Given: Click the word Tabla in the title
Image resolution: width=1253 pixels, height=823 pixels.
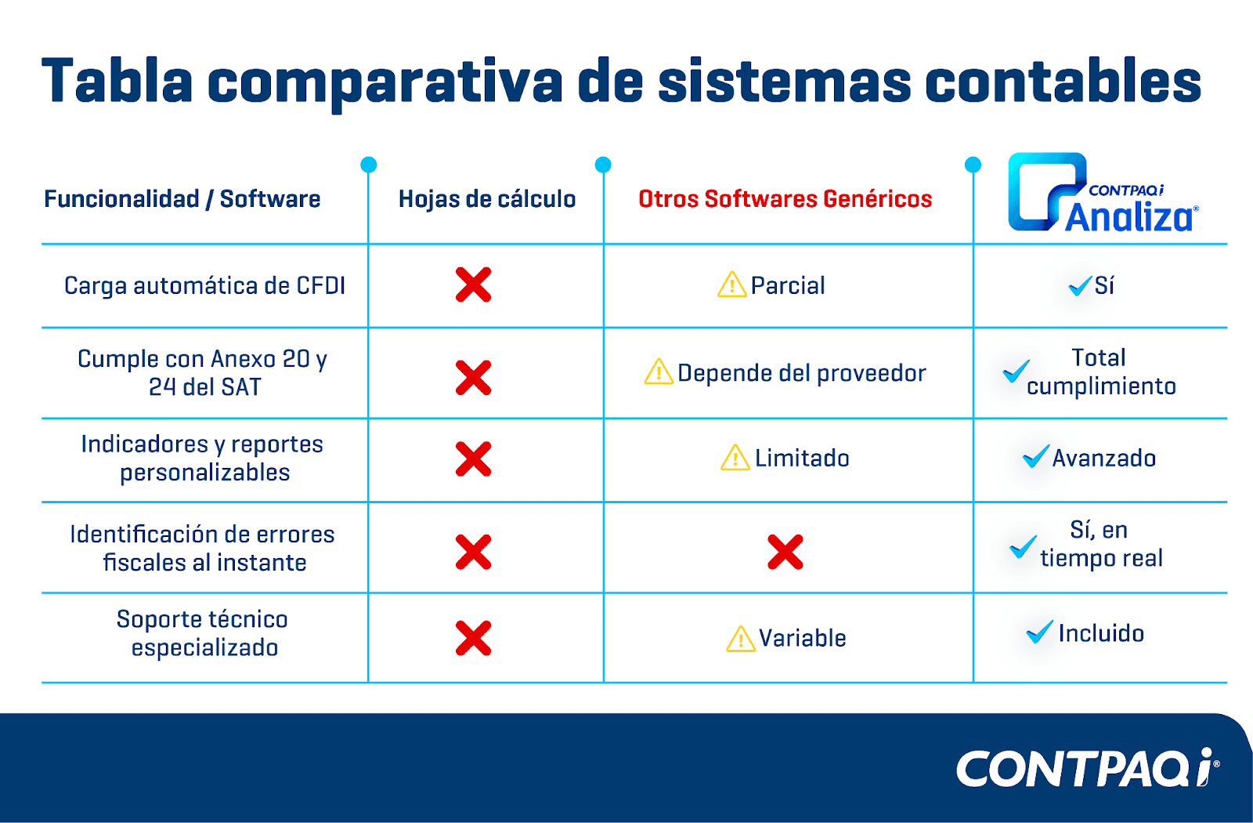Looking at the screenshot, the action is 117,82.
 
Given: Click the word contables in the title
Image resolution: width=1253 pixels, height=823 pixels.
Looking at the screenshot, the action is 1063,82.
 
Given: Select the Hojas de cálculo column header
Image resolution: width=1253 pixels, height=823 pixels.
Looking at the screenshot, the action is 486,199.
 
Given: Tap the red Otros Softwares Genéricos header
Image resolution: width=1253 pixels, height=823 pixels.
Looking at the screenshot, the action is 785,199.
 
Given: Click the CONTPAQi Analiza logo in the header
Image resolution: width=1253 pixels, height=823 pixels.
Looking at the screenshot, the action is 1102,192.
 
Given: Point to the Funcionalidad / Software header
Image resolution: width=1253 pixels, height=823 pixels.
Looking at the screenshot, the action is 182,199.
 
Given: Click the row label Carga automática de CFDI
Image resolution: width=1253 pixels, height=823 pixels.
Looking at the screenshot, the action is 204,286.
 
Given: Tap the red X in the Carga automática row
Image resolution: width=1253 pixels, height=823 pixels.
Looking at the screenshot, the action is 473,285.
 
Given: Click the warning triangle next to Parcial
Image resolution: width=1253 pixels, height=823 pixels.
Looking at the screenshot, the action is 731,285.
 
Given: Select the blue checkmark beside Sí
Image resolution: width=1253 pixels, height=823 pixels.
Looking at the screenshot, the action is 1080,285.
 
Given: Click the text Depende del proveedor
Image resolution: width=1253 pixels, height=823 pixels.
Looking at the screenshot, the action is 802,373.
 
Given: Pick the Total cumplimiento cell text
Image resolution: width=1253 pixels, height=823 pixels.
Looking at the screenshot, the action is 1101,372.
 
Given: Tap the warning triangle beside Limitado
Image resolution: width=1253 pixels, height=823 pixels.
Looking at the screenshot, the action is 735,458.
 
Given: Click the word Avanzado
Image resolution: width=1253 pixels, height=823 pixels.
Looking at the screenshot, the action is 1103,459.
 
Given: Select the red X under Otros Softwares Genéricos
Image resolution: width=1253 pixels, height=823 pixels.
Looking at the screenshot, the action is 785,552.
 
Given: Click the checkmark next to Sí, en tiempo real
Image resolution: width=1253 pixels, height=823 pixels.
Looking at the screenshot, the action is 1023,547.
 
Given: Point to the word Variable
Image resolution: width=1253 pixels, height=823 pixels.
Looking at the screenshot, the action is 802,638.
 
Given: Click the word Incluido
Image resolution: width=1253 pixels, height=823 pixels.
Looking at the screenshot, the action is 1101,634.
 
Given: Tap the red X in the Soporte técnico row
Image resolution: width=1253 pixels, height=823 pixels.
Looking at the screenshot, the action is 473,638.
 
